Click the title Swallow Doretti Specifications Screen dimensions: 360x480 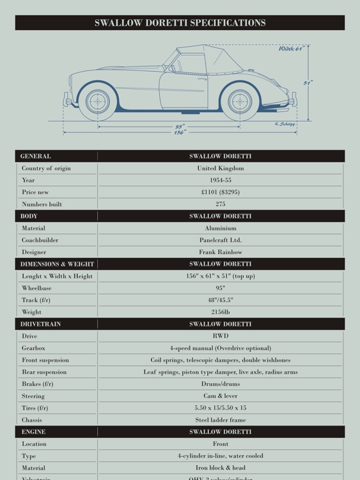[180, 23]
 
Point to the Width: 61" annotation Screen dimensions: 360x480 [291, 49]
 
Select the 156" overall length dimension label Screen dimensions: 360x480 [180, 132]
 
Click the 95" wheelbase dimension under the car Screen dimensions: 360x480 [180, 127]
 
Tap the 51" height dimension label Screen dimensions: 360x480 [308, 83]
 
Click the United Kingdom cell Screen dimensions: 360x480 [220, 168]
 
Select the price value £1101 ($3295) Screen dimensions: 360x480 [220, 192]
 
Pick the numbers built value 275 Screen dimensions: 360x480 [220, 204]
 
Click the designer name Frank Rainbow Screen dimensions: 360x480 [220, 252]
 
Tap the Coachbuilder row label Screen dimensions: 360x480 [40, 240]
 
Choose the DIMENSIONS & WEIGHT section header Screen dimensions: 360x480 [57, 264]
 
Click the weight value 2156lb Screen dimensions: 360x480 [220, 312]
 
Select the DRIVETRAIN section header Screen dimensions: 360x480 [40, 324]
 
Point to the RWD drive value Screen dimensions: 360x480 [220, 336]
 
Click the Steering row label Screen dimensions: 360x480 [33, 396]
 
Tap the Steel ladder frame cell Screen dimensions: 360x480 [220, 420]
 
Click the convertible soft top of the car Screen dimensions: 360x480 [205, 56]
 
